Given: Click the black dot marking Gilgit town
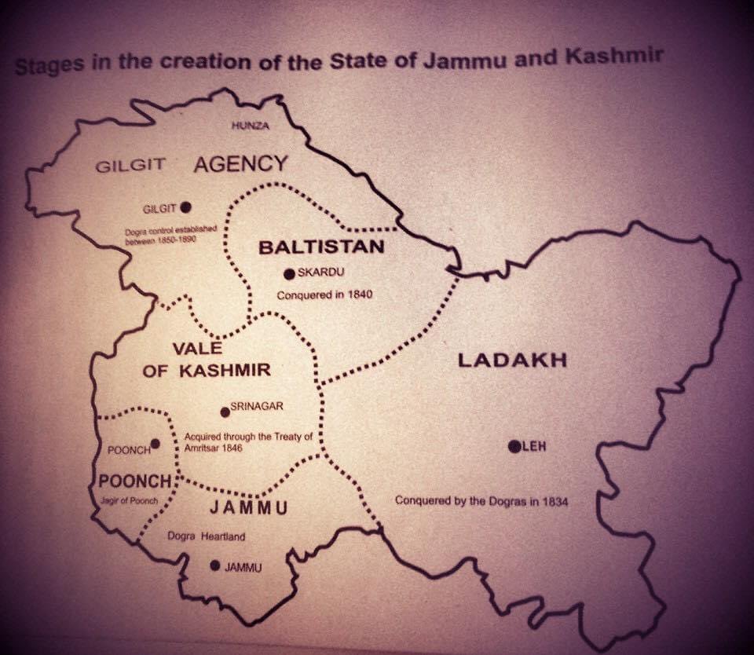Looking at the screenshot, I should pos(185,207).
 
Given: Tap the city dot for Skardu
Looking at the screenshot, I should pos(290,273).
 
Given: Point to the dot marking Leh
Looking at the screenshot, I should pos(514,447).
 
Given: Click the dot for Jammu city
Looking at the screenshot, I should pos(215,565).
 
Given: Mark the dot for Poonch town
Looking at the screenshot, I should pos(156,444).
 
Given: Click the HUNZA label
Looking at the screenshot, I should pos(251,126).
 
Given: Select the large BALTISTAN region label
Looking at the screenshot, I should pos(321,247).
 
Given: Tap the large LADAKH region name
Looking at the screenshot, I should pos(512,360).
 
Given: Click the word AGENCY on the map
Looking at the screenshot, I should pos(240,163).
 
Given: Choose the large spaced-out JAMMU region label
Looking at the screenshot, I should pos(247,507).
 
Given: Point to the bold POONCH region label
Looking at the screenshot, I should pos(135,481).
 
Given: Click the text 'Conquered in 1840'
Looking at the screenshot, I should pos(324,295).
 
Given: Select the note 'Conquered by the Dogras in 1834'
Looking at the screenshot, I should pos(481,500).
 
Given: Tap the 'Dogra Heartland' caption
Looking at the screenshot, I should pos(207,537).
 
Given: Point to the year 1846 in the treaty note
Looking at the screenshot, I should pos(229,447).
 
